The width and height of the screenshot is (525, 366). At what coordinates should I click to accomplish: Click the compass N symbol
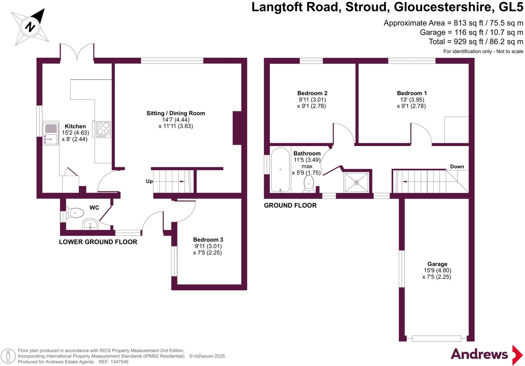30,26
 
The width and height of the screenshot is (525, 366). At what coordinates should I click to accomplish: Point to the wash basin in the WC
90,224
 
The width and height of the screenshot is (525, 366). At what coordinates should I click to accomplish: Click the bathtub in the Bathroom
280,170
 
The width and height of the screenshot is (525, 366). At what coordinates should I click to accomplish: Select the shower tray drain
356,182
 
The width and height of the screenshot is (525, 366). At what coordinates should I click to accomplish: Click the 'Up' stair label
149,181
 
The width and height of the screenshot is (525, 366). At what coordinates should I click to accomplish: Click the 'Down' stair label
457,167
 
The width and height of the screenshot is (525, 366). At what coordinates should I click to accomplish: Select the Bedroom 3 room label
208,240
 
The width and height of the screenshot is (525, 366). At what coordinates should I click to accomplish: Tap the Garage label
437,264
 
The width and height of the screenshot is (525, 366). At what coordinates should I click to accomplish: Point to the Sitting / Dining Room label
176,113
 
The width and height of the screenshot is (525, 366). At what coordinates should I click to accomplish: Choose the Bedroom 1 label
412,93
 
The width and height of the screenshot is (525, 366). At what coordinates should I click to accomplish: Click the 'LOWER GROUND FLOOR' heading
98,242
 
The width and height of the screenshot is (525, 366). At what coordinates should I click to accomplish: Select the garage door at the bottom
436,339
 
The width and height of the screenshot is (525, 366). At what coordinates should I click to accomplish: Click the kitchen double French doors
77,53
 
